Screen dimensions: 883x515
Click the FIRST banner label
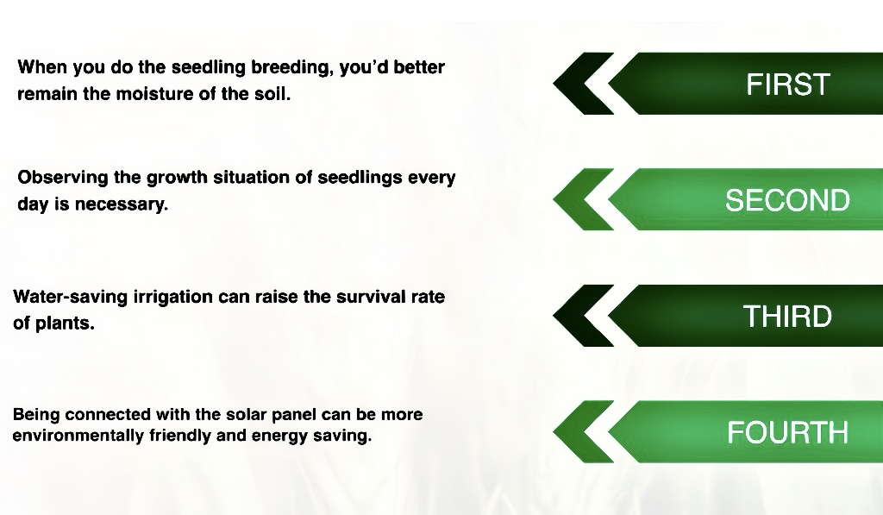pyautogui.click(x=788, y=85)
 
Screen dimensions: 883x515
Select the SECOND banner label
pyautogui.click(x=787, y=200)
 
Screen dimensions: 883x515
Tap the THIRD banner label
pyautogui.click(x=787, y=316)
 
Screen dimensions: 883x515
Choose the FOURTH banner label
pyautogui.click(x=788, y=432)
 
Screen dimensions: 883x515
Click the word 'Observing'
pyautogui.click(x=62, y=178)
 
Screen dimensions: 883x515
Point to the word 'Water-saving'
pyautogui.click(x=70, y=297)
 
